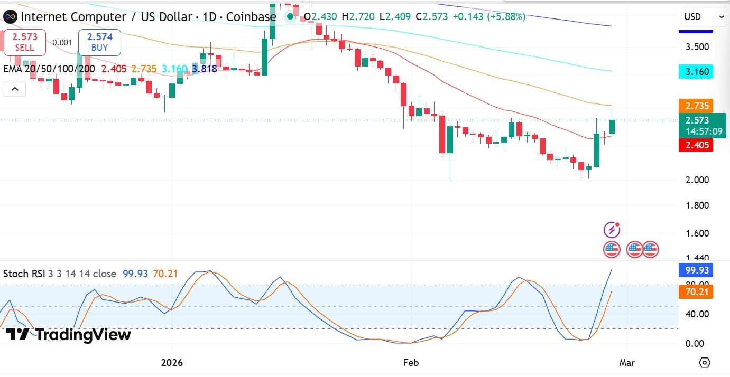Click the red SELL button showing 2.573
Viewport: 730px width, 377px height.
[x=24, y=42]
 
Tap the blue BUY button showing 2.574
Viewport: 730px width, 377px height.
[x=99, y=42]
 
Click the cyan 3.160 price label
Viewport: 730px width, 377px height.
[x=696, y=71]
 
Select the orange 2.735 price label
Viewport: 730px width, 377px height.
[x=696, y=106]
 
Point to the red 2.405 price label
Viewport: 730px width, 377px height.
[x=696, y=145]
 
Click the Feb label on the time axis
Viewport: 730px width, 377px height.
[x=411, y=363]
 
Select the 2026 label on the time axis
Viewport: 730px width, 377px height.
[x=172, y=363]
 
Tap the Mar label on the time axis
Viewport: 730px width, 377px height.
[x=627, y=363]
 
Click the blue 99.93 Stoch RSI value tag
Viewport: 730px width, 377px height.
[x=696, y=271]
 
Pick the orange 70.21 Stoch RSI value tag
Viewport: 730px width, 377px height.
[x=696, y=291]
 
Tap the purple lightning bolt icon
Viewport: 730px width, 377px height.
[x=612, y=230]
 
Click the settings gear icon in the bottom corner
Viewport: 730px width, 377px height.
[x=704, y=363]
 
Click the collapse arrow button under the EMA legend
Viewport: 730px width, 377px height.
[x=15, y=89]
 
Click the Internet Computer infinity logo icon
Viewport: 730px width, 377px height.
[x=10, y=17]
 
